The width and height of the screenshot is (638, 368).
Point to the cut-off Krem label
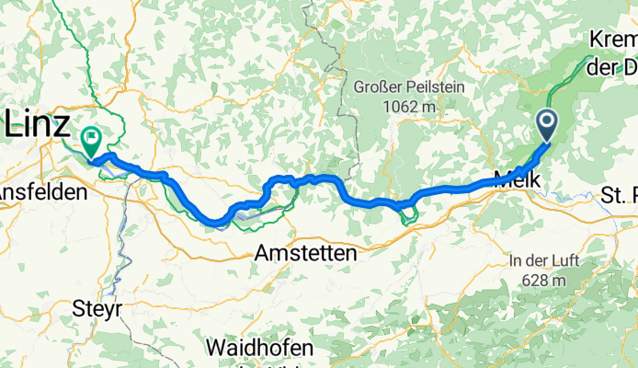(614, 41)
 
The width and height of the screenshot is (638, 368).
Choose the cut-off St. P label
(619, 194)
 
